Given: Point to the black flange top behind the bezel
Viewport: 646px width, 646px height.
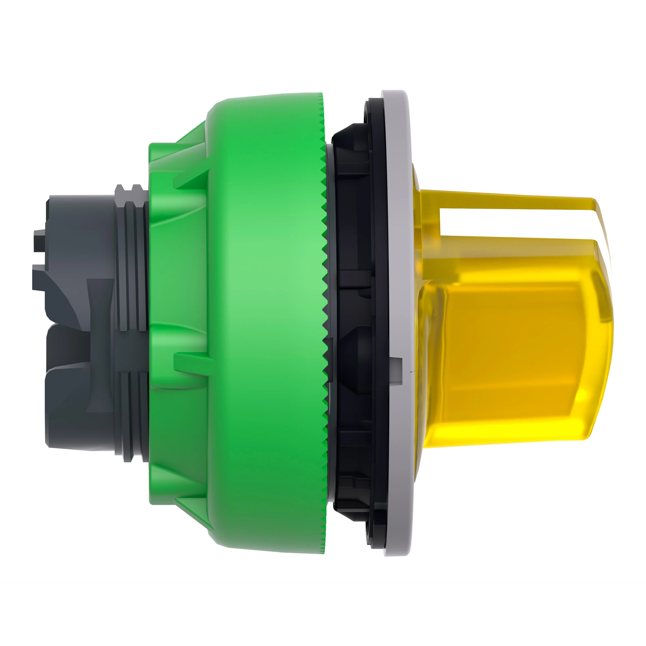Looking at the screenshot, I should click(x=371, y=114).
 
